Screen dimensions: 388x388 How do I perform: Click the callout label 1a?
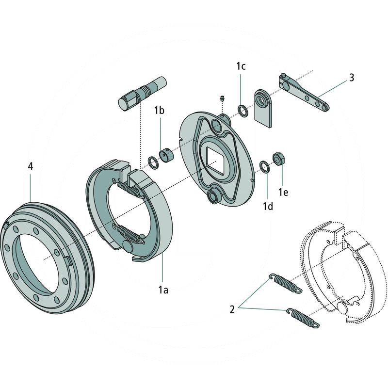click(163, 290)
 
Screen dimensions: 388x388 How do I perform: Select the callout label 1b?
click(160, 110)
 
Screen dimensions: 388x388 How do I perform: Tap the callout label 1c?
click(241, 66)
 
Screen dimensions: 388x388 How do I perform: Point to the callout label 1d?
click(268, 206)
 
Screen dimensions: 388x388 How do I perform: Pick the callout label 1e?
click(283, 193)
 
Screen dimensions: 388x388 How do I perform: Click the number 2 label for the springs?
click(232, 309)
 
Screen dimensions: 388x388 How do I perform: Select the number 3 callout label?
click(351, 77)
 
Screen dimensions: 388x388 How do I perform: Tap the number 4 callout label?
click(30, 166)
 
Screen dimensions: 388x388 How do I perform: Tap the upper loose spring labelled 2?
click(285, 283)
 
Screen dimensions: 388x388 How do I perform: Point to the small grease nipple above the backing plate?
click(221, 97)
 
